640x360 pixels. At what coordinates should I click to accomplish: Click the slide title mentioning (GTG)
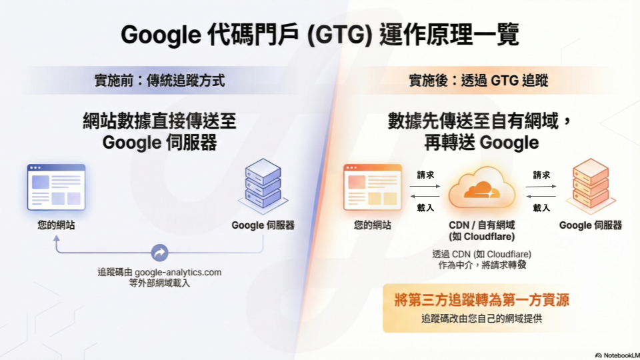click(x=319, y=35)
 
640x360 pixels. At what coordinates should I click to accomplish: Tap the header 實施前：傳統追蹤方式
click(x=159, y=81)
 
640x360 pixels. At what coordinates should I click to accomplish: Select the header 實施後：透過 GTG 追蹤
click(x=478, y=81)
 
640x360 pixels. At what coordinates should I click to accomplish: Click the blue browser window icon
click(x=56, y=187)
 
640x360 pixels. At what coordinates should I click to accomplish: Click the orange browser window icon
click(x=373, y=187)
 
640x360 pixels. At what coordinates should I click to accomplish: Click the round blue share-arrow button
click(x=159, y=253)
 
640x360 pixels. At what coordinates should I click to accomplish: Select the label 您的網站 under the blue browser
click(x=56, y=225)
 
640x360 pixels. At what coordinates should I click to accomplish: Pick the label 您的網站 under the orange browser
click(x=373, y=225)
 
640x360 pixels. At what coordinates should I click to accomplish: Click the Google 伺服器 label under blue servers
click(x=263, y=225)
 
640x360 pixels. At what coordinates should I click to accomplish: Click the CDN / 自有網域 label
click(x=482, y=225)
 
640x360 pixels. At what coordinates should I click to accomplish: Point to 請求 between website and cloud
click(x=425, y=175)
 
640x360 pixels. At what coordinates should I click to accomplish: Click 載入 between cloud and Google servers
click(x=541, y=207)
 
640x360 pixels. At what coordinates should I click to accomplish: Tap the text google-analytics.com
click(x=178, y=272)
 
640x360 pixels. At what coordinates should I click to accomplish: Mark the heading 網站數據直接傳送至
click(x=159, y=122)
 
